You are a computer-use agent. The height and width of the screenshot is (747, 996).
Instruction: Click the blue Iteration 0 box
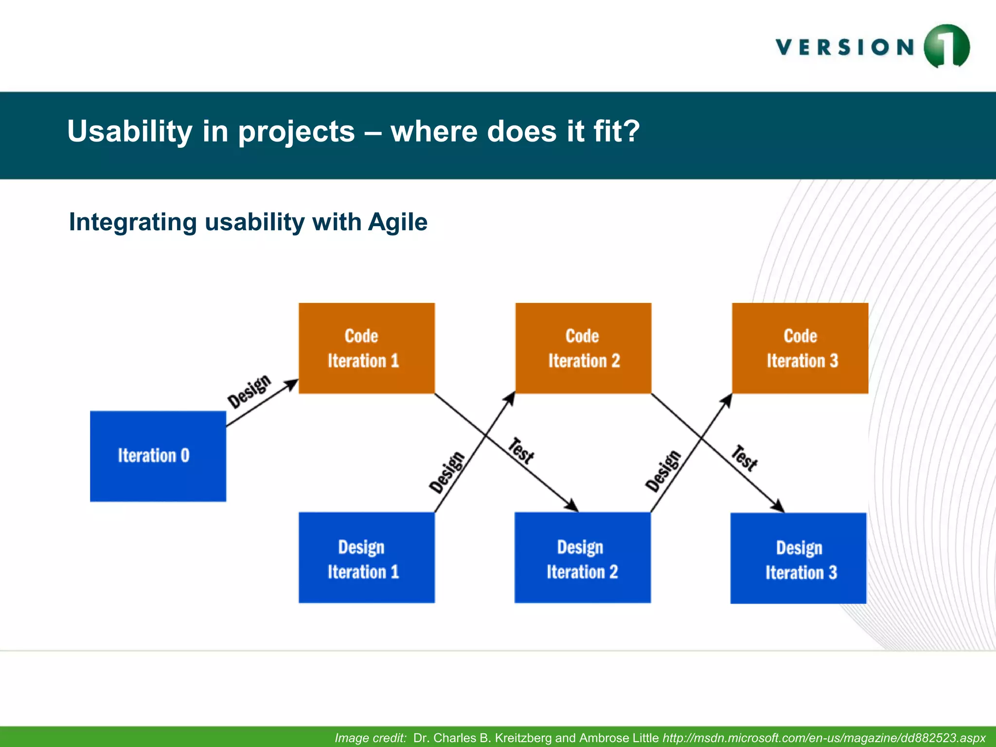(x=158, y=456)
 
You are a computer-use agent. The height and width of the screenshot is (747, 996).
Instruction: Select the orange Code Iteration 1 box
(x=366, y=348)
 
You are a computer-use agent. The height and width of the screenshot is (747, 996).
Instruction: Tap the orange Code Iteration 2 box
(x=583, y=348)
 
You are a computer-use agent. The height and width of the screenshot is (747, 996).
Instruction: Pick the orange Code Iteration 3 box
(x=800, y=348)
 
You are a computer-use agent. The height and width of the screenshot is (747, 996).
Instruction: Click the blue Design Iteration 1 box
(x=366, y=558)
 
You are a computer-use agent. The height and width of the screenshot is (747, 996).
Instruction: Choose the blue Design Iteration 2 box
(x=583, y=558)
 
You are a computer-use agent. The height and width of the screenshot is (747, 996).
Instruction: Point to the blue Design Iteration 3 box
(x=798, y=558)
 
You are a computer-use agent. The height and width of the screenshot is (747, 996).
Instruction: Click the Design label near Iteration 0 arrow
(x=249, y=391)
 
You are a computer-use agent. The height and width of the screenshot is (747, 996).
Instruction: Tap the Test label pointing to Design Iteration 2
(x=521, y=451)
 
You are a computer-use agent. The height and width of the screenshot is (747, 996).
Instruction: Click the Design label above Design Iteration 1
(x=447, y=472)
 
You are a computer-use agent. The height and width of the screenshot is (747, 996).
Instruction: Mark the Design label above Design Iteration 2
(x=663, y=471)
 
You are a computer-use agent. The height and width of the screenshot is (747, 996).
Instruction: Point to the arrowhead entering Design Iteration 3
(x=779, y=506)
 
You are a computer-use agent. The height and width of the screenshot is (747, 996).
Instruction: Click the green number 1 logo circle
(x=946, y=47)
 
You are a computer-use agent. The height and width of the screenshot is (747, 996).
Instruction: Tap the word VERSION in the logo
(x=845, y=47)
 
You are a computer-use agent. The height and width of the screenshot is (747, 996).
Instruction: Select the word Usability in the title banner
(x=130, y=131)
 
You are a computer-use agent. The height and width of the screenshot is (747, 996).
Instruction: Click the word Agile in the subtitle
(x=397, y=222)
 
